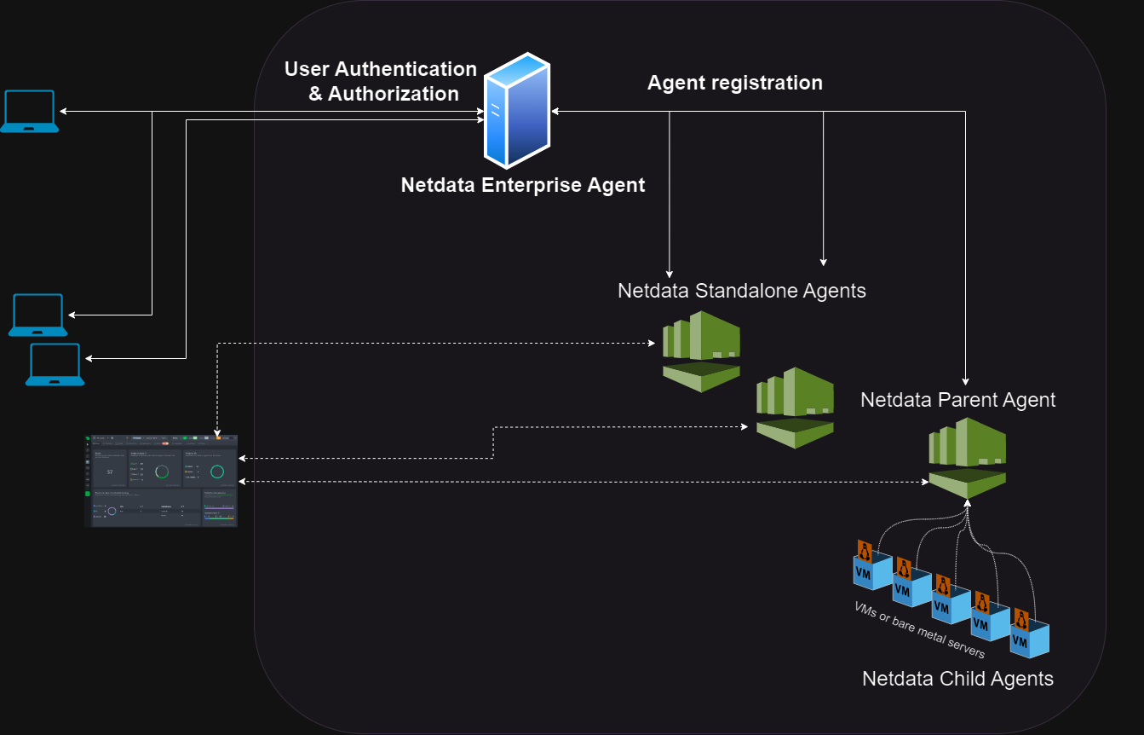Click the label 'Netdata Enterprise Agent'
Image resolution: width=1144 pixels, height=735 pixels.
click(522, 185)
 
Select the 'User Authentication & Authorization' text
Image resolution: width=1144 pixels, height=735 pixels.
click(381, 81)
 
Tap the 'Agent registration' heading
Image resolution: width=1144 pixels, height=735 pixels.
click(734, 83)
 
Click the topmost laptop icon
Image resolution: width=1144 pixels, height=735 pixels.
click(29, 111)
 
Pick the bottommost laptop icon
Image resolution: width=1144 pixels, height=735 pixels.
click(55, 365)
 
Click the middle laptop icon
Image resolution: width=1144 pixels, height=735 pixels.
click(38, 315)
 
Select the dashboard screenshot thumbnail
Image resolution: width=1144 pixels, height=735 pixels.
click(162, 481)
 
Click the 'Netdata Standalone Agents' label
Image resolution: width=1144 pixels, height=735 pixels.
click(741, 291)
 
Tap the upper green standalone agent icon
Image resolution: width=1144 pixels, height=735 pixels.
click(702, 350)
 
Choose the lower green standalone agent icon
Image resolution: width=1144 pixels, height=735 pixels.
click(795, 408)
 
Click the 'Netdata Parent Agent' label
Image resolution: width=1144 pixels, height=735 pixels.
click(957, 400)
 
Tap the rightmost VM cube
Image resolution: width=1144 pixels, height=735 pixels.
click(1029, 640)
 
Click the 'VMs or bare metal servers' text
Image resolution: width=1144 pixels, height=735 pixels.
click(920, 629)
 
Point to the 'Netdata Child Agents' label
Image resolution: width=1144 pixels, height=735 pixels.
click(957, 679)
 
